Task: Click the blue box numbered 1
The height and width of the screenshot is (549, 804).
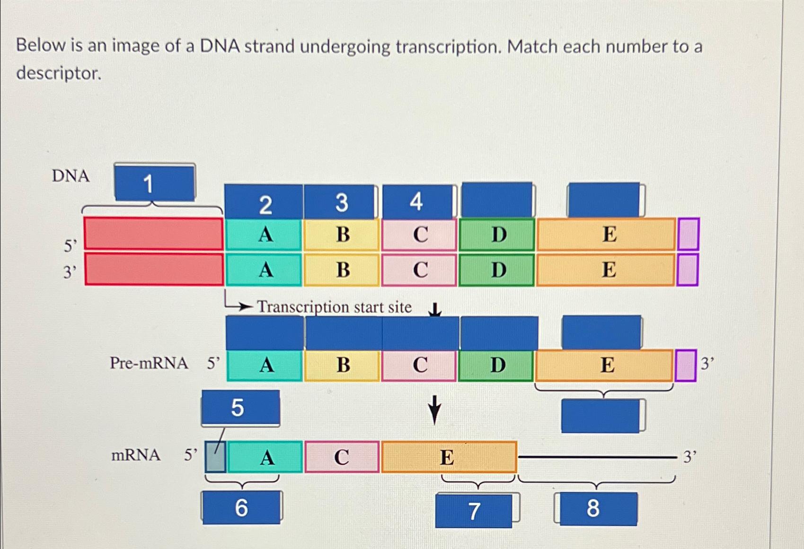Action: [154, 183]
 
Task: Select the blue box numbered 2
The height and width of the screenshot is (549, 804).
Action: [264, 202]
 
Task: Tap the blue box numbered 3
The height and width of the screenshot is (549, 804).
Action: [341, 202]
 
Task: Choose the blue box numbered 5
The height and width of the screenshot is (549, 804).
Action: [240, 407]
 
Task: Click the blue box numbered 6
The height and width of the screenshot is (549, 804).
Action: [241, 507]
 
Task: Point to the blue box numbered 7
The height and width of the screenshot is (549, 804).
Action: [474, 511]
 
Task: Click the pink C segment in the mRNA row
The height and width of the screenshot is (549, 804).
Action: [342, 457]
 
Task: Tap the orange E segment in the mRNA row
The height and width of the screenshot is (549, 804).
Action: [448, 457]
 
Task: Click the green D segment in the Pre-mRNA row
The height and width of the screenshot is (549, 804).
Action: [497, 365]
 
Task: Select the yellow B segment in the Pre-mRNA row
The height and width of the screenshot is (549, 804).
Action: [343, 365]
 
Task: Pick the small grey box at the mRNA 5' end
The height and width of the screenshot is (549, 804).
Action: [215, 456]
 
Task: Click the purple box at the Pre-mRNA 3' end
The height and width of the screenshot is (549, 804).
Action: [685, 365]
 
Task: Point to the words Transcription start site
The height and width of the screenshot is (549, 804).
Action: [334, 307]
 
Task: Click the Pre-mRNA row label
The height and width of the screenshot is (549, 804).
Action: [149, 363]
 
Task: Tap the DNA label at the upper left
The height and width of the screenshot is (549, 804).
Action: [71, 176]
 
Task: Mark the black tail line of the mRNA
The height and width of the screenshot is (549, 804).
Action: [597, 457]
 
